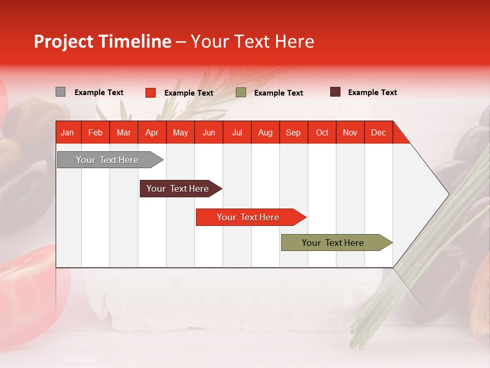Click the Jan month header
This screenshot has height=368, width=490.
pyautogui.click(x=67, y=132)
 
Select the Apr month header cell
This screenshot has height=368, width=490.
pyautogui.click(x=152, y=132)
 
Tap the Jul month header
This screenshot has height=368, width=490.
pyautogui.click(x=237, y=132)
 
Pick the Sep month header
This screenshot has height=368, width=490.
pyautogui.click(x=293, y=132)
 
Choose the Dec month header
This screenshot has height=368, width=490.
pyautogui.click(x=378, y=132)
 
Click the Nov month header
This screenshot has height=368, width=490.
pyautogui.click(x=350, y=132)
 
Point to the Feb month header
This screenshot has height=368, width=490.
pyautogui.click(x=95, y=132)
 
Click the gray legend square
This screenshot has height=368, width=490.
pyautogui.click(x=60, y=92)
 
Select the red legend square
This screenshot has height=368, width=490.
pyautogui.click(x=150, y=93)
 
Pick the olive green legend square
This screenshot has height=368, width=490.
pyautogui.click(x=241, y=93)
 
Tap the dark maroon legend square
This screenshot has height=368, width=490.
pyautogui.click(x=335, y=92)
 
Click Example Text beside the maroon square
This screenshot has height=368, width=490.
pyautogui.click(x=372, y=93)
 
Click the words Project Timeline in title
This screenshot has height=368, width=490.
pyautogui.click(x=102, y=41)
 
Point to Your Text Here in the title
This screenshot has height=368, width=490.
pyautogui.click(x=252, y=41)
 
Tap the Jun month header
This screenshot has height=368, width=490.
pyautogui.click(x=209, y=132)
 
